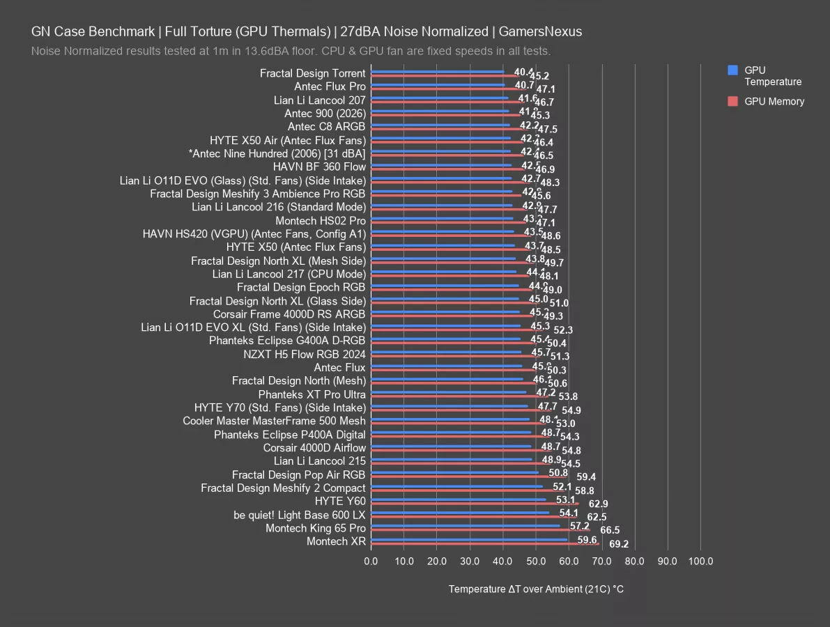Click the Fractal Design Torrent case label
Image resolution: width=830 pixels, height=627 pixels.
coord(312,73)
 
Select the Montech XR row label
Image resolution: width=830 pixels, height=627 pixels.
coord(336,541)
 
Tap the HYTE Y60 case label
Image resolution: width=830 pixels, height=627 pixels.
coord(340,501)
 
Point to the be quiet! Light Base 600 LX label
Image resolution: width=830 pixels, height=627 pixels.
coord(300,515)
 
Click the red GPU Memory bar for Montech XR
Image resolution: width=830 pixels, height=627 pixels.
coord(484,544)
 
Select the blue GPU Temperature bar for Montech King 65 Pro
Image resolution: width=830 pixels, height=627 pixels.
coord(465,526)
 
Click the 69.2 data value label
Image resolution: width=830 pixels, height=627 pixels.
coord(619,544)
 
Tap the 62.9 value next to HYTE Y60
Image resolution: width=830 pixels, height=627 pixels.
coord(598,504)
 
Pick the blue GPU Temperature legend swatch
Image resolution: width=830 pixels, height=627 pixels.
coord(732,70)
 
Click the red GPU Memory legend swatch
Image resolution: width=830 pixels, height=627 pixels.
coord(732,101)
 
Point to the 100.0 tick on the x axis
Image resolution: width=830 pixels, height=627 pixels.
coord(700,561)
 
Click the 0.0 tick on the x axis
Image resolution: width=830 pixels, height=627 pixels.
coord(371,561)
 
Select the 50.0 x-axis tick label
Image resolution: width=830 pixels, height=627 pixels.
coord(536,561)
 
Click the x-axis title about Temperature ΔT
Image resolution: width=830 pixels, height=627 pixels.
coord(536,589)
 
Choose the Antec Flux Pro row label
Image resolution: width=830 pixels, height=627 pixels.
coord(330,86)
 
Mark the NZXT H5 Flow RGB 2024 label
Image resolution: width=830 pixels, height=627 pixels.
coord(305,354)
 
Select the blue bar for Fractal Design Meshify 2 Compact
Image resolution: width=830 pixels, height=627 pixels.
coord(456,486)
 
